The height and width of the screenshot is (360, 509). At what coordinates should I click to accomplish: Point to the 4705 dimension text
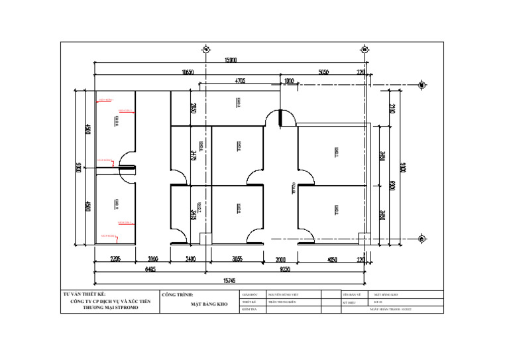tap(239, 81)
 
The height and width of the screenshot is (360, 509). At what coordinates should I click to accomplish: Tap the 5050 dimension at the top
tap(324, 72)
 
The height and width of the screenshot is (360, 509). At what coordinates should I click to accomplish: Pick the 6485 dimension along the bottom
tap(151, 269)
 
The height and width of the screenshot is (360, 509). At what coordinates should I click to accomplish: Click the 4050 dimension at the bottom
tap(331, 259)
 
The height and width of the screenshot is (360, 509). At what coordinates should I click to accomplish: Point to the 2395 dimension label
tap(115, 259)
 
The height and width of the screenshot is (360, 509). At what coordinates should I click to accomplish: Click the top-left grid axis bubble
tap(205, 49)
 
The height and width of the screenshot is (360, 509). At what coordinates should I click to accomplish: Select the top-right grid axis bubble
tap(365, 49)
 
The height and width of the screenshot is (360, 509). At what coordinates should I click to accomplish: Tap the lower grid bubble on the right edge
tap(422, 238)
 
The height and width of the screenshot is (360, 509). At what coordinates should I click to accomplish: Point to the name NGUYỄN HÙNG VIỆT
tap(284, 294)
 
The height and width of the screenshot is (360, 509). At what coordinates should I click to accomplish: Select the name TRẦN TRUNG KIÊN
tap(282, 302)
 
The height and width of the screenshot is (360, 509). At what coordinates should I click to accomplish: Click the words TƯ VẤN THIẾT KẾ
tap(84, 294)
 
